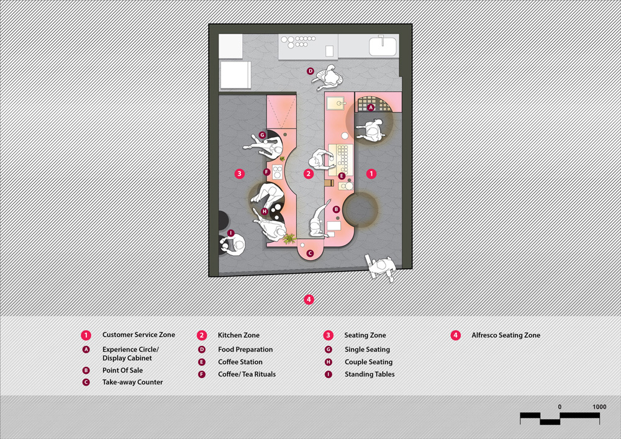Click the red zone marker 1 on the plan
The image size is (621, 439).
coord(371,173)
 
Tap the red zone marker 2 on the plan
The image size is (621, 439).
coord(309,173)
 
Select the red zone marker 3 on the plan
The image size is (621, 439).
coord(239,173)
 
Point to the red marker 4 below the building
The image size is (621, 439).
coord(309,299)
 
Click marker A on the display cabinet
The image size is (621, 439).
coord(371,107)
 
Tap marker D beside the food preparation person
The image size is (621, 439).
coord(310,71)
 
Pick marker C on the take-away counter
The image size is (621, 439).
coord(310,253)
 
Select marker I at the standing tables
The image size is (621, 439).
coord(230,233)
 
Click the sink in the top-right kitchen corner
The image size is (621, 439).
coord(383,46)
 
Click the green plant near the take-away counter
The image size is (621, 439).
coord(289,238)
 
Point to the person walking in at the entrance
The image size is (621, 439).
coord(381,266)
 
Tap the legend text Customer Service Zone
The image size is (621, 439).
coord(138,335)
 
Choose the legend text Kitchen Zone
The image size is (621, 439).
coord(238,335)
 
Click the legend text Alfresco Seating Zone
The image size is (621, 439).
coord(505,335)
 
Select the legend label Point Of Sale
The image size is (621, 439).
coord(122,371)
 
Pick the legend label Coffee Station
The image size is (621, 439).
coord(240,362)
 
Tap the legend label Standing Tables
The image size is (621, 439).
coord(369,374)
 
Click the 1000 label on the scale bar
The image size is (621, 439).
coord(599,407)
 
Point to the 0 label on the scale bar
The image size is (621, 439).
coord(560,407)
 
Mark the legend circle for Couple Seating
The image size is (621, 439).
coord(329,362)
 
